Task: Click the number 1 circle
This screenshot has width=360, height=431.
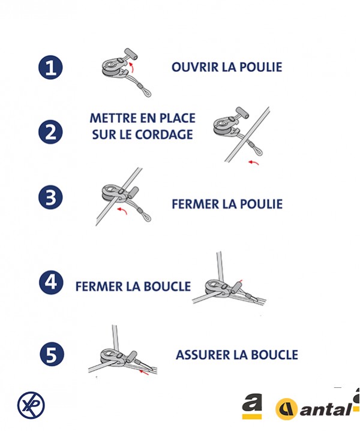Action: pos(50,67)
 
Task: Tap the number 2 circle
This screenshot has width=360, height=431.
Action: pos(50,132)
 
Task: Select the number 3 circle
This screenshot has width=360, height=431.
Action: pos(50,198)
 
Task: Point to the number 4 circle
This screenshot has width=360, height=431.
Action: pos(51,282)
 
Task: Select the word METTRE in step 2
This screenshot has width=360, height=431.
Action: pos(113,118)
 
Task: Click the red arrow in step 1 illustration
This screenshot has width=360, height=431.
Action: pos(132,67)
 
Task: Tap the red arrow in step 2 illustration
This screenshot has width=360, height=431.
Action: pos(254,163)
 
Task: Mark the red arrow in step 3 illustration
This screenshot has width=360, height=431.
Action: pos(122,210)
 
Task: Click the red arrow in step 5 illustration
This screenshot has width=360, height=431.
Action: pos(144,372)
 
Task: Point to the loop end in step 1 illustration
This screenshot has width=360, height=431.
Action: pos(147,92)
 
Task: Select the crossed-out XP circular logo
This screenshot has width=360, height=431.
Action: pos(31,405)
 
